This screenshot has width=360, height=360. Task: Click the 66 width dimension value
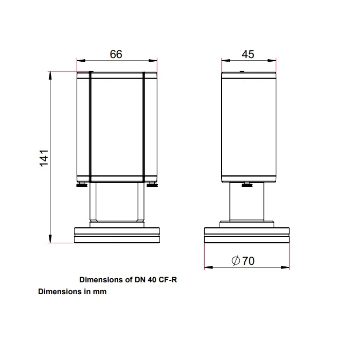click(116, 54)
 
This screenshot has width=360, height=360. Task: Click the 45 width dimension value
click(248, 54)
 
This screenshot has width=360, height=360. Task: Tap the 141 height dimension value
click(44, 158)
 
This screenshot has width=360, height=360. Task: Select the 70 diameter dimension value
click(248, 261)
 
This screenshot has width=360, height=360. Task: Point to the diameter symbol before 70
click(236, 261)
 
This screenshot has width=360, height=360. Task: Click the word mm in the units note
click(100, 292)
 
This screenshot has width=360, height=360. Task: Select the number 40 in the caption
click(152, 280)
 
